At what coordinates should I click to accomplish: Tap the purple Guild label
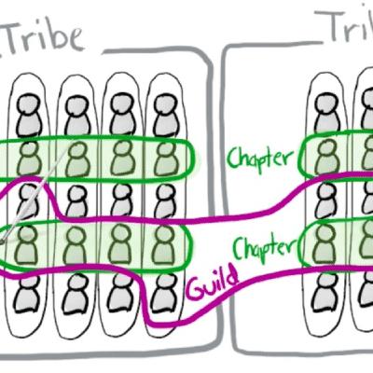point(213,283)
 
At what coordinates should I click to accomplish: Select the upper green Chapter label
point(260,158)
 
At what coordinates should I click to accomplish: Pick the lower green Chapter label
point(264,245)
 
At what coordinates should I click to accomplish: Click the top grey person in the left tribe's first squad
point(29,115)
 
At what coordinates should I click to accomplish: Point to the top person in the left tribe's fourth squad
point(166,115)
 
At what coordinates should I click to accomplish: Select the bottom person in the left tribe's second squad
point(75,294)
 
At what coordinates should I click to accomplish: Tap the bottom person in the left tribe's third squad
point(120,294)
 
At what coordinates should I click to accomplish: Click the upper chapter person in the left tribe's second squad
point(77,158)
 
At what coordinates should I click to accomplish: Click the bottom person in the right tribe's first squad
point(325,292)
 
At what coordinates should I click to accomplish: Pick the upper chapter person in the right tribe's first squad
point(326,157)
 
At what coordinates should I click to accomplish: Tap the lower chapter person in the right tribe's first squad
point(325,243)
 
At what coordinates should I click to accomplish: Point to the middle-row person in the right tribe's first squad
point(325,200)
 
